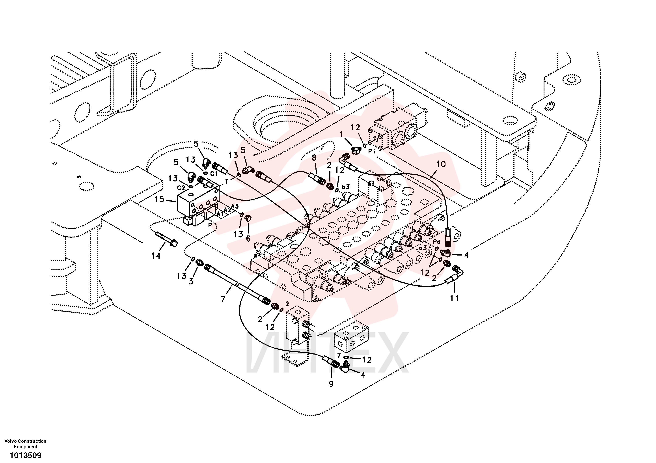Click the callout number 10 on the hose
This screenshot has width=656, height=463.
441,164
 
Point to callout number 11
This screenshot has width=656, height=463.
454,298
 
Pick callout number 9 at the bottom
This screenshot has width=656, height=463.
331,384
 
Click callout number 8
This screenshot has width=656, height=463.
314,157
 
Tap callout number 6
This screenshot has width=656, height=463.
248,238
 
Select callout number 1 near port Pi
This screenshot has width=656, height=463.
341,134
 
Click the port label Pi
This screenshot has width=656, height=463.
371,151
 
